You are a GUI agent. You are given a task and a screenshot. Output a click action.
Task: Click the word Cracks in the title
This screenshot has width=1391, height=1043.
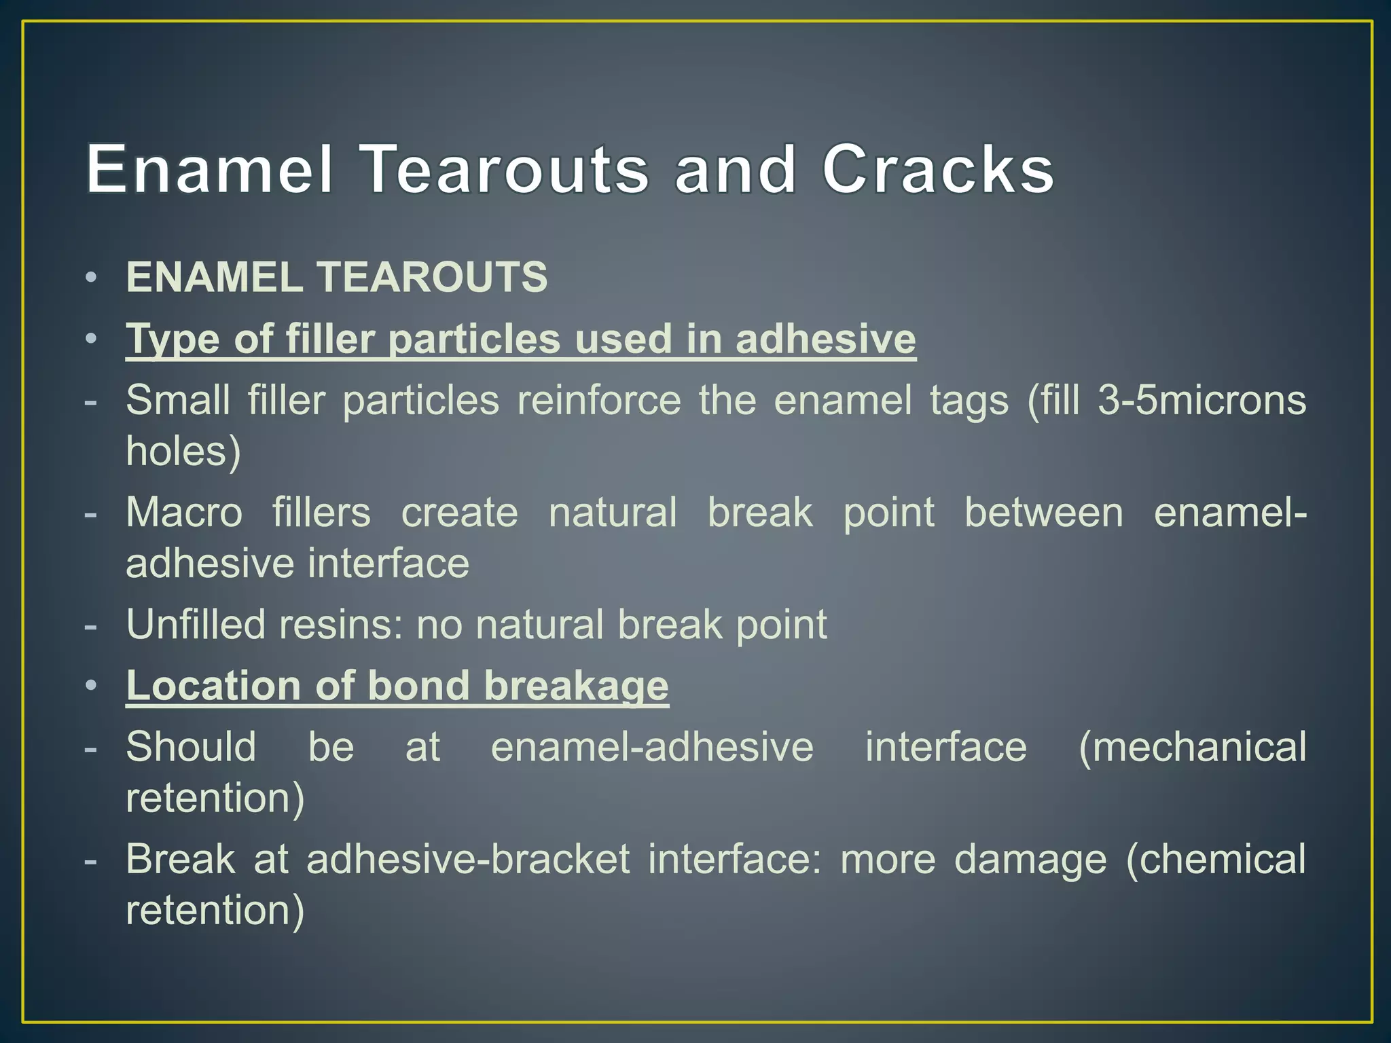click(938, 169)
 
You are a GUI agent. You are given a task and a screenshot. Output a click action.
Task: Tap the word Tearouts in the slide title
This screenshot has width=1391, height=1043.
click(503, 169)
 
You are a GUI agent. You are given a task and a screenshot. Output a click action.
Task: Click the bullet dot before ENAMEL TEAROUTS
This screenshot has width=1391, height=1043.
click(92, 278)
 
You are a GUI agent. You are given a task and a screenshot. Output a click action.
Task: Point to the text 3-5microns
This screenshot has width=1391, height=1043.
click(1202, 400)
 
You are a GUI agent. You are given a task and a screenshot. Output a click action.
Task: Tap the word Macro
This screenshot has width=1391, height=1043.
click(184, 512)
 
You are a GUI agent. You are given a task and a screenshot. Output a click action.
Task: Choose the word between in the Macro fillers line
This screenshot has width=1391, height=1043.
click(1044, 512)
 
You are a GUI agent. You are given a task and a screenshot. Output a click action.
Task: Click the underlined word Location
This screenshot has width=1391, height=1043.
click(213, 685)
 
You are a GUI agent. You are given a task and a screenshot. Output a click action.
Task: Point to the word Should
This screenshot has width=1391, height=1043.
click(191, 746)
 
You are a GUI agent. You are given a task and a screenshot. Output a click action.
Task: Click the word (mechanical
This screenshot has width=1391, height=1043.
click(1192, 746)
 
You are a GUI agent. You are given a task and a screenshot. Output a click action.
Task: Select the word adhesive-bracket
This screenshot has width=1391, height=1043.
click(468, 859)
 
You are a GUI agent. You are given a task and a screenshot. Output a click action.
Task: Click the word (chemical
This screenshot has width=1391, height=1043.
click(1215, 859)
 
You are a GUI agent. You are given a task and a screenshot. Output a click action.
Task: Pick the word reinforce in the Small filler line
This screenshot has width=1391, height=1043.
click(599, 400)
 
